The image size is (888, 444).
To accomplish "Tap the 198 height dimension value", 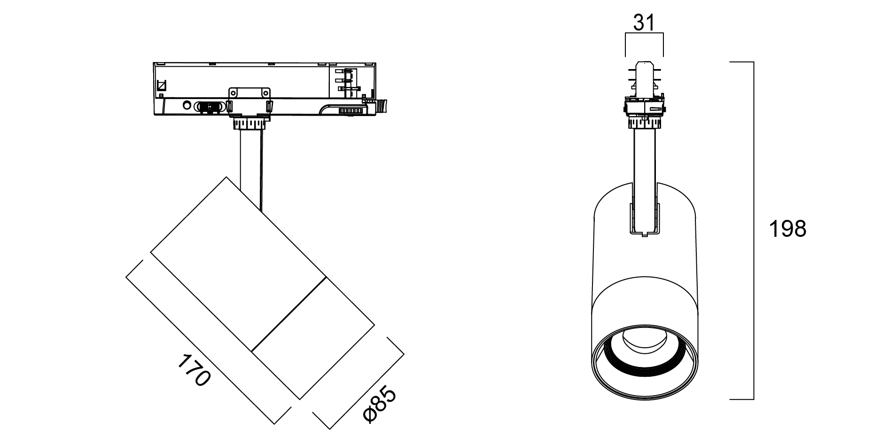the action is coord(787,229).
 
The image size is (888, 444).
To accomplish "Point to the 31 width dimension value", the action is coord(644,22).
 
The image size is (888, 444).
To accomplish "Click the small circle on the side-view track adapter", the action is coord(187,105).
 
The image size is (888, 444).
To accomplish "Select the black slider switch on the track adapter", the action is coord(210,107).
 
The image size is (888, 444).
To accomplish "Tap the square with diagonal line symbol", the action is coord(161,86).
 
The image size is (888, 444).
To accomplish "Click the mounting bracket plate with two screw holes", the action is coord(249,93).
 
